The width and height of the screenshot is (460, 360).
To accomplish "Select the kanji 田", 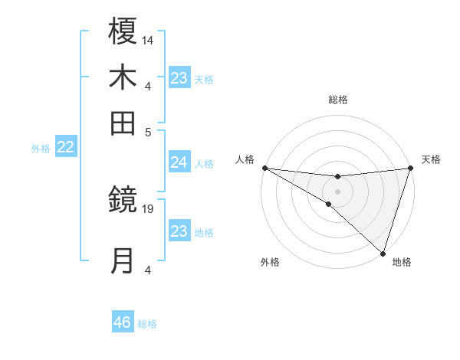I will (123, 123).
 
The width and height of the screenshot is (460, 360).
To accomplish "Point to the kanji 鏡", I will (123, 201).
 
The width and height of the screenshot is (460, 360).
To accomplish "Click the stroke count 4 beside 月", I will (148, 270).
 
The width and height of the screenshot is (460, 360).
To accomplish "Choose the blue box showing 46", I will (123, 322).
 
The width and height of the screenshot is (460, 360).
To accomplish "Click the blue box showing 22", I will (66, 148).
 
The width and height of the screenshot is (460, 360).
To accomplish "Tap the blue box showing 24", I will (179, 162).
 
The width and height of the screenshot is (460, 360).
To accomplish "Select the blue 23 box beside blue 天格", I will (179, 78).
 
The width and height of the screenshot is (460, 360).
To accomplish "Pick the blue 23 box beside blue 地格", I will (179, 231).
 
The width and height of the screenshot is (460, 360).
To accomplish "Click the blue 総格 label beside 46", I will (148, 324).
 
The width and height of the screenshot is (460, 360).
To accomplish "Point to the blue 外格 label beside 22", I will (41, 149).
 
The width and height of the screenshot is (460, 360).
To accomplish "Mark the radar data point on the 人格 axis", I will (264, 168).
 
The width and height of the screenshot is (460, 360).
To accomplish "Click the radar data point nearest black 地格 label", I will (383, 252).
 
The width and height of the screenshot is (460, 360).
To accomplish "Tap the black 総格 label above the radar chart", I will (338, 100).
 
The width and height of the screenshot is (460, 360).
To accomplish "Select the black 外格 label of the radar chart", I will (270, 262).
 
